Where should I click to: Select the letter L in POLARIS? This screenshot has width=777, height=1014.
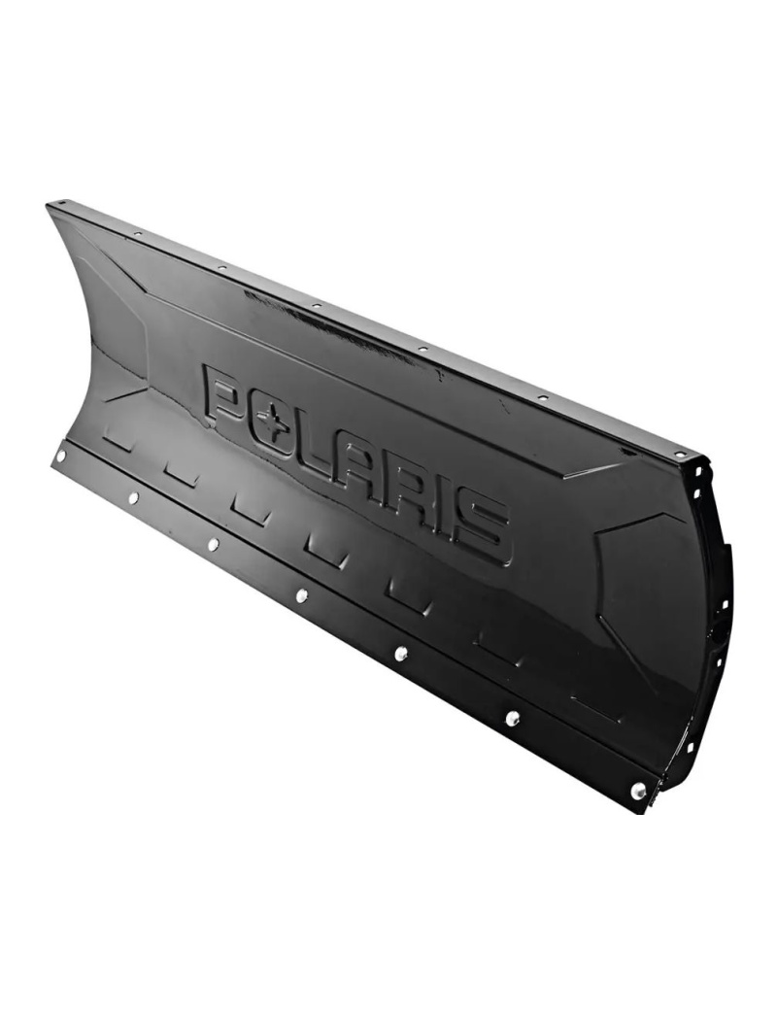(325, 447)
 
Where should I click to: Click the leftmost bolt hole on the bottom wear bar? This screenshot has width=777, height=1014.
(61, 455)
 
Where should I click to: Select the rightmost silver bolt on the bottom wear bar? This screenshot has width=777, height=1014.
(638, 792)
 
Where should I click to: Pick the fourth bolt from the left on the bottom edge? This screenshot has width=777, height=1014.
(302, 595)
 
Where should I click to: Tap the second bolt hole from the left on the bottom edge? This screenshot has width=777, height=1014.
(133, 497)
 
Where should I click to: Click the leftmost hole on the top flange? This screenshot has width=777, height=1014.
(64, 206)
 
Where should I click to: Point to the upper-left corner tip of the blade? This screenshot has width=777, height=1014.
(48, 203)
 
